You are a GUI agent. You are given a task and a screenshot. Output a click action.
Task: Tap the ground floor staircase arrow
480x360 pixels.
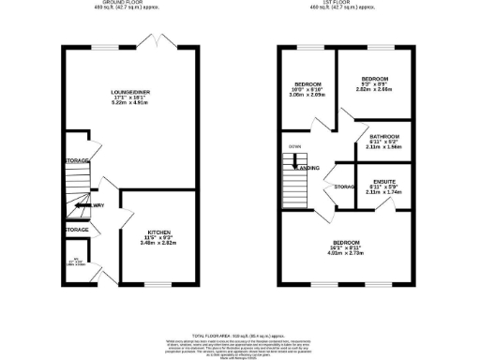point(95,204)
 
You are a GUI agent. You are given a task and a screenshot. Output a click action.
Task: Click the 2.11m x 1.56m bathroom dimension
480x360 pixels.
point(384,147)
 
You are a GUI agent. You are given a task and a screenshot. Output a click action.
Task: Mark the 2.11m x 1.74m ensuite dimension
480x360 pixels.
point(382,191)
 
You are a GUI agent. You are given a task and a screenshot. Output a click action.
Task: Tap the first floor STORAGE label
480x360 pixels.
point(344,187)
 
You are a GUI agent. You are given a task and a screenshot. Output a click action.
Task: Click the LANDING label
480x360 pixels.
point(308,168)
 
